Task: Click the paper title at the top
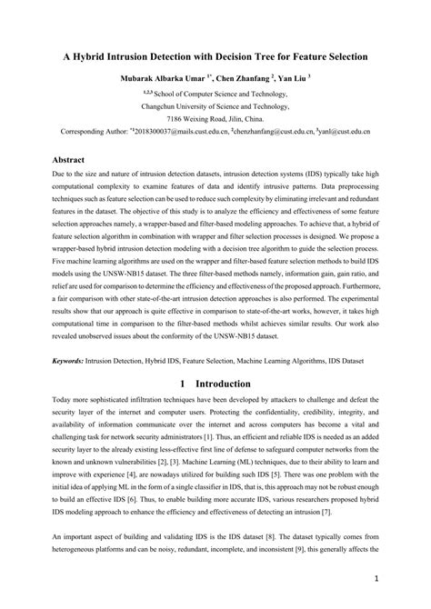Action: point(215,56)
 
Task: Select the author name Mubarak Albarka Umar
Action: point(158,78)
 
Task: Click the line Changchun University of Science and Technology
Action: point(215,105)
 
